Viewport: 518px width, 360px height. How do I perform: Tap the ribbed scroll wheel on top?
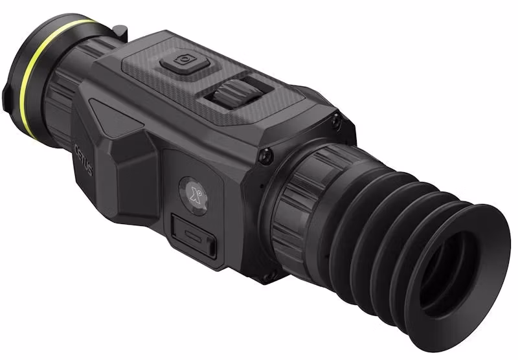(x=229, y=95)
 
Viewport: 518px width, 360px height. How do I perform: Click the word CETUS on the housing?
(x=83, y=161)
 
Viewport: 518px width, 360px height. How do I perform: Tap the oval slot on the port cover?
(x=192, y=235)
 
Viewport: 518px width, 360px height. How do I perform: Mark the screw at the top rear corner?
(x=335, y=119)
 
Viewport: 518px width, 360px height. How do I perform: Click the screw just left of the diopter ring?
(x=265, y=154)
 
